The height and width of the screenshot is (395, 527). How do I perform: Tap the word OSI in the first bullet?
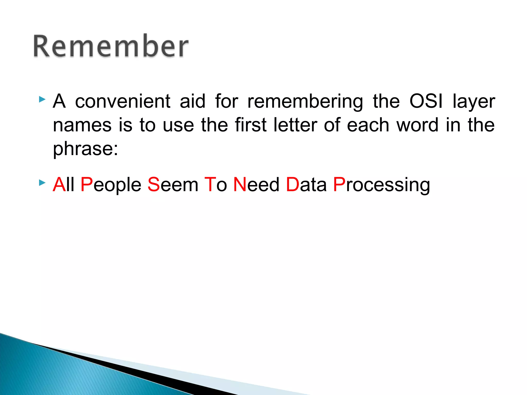(426, 101)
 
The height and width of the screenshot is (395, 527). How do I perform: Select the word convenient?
(123, 101)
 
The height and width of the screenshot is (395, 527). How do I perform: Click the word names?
(82, 125)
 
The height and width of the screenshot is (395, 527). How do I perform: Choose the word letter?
(295, 125)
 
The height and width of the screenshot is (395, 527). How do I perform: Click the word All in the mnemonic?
(64, 185)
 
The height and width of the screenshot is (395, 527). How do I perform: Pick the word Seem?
(173, 185)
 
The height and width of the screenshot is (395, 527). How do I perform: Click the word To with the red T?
(216, 185)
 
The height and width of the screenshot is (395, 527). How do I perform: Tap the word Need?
(256, 185)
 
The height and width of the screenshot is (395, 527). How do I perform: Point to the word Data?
(306, 185)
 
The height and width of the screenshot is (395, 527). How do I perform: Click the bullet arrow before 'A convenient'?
(42, 99)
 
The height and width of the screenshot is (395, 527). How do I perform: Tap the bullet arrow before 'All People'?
(42, 183)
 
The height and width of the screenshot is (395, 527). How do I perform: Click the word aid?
(192, 101)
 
